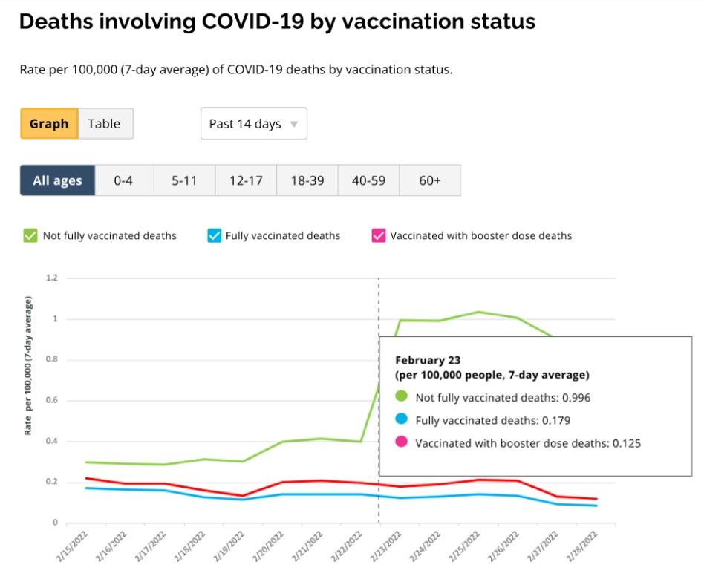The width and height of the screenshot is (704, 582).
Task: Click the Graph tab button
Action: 49,124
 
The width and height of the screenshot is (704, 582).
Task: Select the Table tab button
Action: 104,124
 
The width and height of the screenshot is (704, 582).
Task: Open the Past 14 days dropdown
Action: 253,124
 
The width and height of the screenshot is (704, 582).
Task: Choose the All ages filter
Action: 57,180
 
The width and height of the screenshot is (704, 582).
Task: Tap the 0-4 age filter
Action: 123,180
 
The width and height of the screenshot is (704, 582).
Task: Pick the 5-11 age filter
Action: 184,180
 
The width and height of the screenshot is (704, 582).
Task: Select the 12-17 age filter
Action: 246,180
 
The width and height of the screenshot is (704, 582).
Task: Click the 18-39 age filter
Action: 307,180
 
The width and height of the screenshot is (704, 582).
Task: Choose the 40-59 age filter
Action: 368,180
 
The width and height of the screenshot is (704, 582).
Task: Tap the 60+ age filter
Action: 429,180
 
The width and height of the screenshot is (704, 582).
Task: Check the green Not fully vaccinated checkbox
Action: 30,236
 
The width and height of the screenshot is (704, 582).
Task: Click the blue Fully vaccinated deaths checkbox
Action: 214,236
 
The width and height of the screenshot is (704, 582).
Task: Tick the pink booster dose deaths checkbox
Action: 378,236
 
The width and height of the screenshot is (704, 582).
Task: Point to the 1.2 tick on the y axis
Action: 52,278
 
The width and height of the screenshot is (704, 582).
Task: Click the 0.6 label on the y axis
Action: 52,401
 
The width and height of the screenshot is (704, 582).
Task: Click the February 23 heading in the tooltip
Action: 426,360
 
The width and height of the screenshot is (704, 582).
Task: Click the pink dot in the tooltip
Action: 402,443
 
